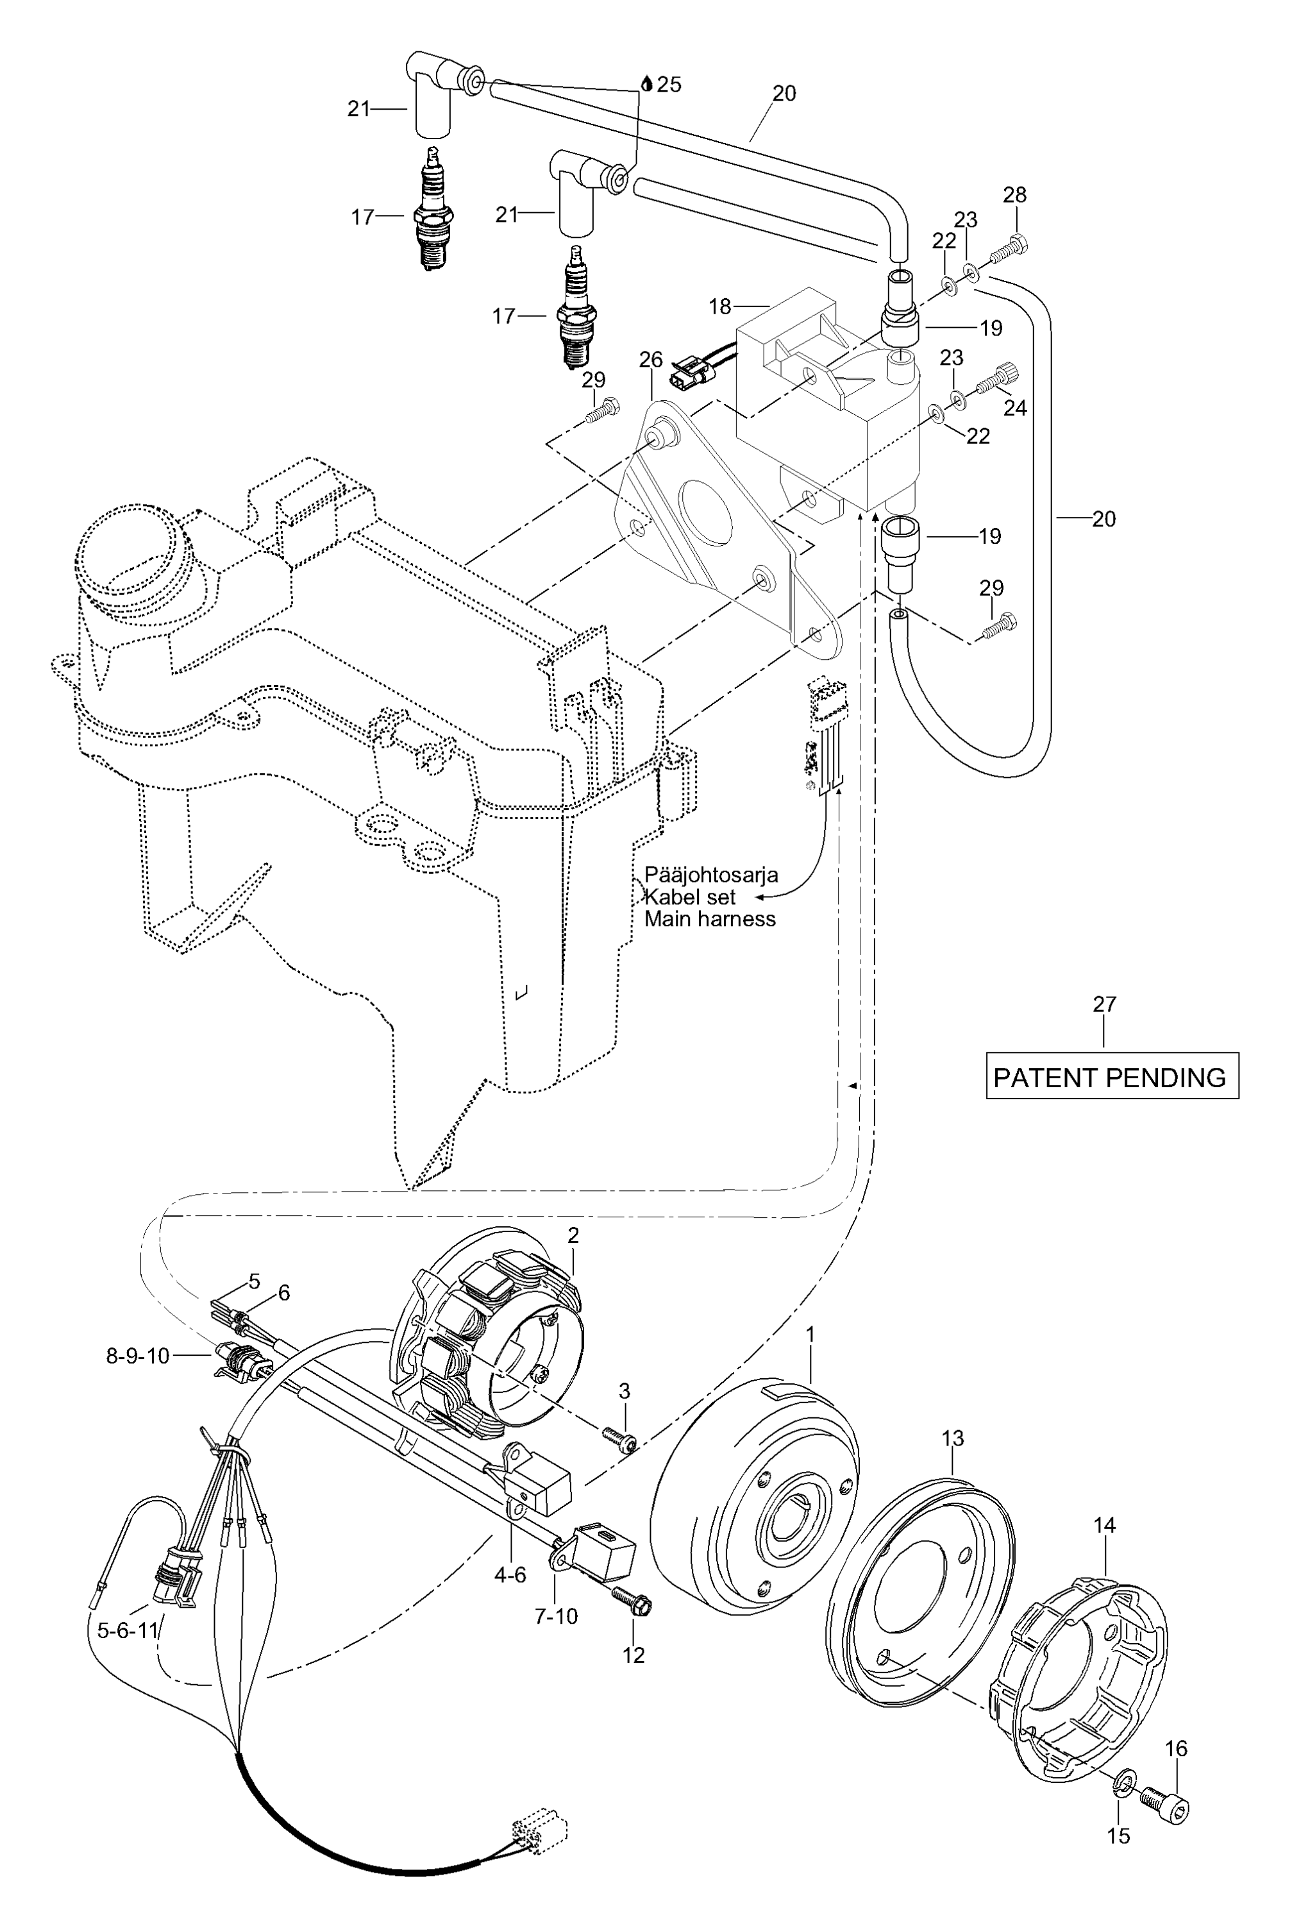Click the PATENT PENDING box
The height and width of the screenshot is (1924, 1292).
tap(1112, 1076)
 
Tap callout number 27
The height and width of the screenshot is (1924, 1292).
tap(1104, 1004)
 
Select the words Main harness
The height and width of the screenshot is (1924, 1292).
tap(709, 919)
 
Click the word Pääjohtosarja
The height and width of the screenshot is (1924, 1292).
tap(710, 875)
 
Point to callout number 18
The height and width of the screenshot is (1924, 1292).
tap(719, 307)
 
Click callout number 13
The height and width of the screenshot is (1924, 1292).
tap(953, 1438)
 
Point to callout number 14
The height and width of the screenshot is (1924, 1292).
tap(1104, 1525)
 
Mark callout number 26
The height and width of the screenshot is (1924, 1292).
tap(651, 359)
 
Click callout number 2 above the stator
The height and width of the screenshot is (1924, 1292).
tap(573, 1235)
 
